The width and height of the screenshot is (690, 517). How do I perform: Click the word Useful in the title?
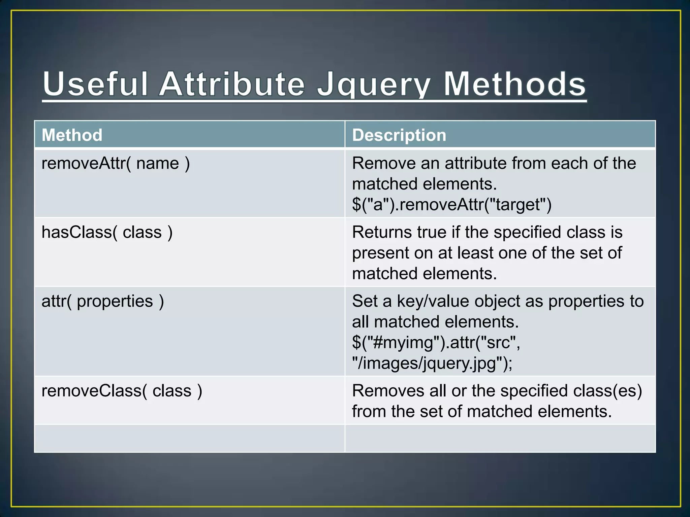tap(95, 84)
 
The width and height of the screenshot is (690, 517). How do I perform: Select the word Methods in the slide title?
tap(514, 84)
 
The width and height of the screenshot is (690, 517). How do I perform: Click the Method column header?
tap(72, 135)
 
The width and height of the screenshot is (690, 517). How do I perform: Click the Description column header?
tap(399, 135)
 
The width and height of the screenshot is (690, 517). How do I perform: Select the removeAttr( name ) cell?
tap(116, 164)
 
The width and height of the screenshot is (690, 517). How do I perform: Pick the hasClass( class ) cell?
tap(107, 232)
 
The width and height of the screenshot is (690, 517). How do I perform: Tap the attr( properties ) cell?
tap(102, 301)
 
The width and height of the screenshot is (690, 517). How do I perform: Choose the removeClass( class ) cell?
tap(122, 391)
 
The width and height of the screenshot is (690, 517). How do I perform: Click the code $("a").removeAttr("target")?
tap(451, 205)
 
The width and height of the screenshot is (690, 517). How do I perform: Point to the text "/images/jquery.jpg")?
tap(432, 363)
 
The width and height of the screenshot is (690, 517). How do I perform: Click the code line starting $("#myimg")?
tap(436, 343)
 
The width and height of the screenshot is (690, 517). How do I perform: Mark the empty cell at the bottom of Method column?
tap(189, 438)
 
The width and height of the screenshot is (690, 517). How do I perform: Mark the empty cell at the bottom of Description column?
tap(500, 438)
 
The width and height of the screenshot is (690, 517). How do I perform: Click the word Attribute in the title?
tap(232, 84)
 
